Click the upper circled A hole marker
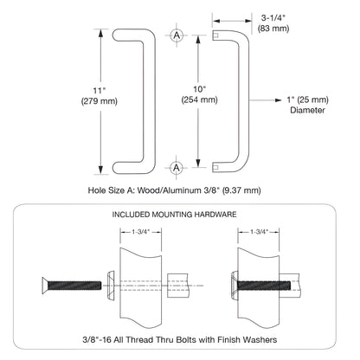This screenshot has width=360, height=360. (x=177, y=35)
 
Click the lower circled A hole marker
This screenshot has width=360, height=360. (x=177, y=165)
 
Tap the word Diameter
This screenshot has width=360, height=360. (x=308, y=110)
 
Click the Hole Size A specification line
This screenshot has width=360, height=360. (x=174, y=188)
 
